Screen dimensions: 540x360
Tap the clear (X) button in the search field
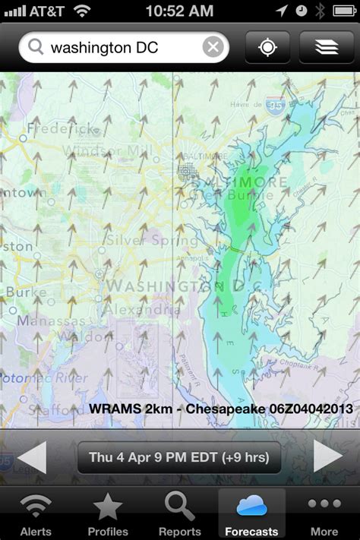[213, 48]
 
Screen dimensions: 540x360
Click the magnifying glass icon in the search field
[35, 48]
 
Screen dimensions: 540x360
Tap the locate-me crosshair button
[267, 47]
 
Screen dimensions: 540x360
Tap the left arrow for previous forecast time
[32, 457]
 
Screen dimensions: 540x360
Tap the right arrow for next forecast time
[328, 457]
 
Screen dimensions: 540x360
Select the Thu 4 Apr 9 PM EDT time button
[179, 458]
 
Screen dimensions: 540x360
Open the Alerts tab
[36, 514]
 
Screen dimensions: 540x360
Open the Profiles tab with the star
[107, 514]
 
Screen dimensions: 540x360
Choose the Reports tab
[180, 514]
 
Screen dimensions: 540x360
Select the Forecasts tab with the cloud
[251, 514]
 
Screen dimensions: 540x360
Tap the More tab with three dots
[324, 514]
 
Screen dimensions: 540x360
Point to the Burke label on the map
[26, 292]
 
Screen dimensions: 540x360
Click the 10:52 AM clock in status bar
[179, 11]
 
